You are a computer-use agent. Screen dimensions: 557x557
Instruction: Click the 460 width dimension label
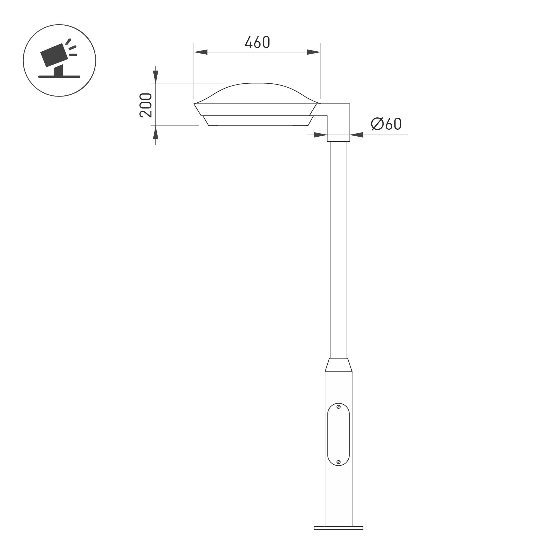coord(257,42)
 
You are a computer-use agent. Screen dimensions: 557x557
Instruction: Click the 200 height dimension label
coord(146,105)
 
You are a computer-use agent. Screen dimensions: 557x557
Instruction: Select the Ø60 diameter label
coord(386,124)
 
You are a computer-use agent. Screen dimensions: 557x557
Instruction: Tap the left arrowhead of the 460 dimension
coord(201,52)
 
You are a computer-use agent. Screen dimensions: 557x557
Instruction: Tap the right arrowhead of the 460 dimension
coord(314,52)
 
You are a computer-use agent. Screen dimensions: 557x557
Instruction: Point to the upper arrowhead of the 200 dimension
coord(156,76)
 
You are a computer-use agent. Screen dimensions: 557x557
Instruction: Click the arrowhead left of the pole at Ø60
coord(320,135)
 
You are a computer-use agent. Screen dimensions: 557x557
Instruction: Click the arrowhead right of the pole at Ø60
coord(356,135)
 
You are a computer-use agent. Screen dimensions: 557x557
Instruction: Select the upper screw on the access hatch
coord(338,407)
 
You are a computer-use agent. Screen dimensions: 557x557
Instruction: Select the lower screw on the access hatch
coord(338,462)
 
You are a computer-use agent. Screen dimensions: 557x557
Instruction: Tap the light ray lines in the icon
coord(72,48)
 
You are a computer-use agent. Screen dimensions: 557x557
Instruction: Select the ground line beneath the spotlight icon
coord(59,77)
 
